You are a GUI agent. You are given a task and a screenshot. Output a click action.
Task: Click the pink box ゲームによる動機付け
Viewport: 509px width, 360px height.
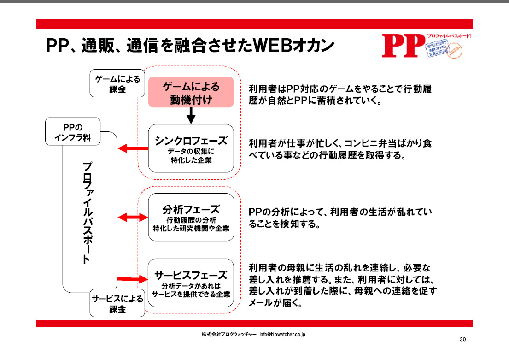click(191, 92)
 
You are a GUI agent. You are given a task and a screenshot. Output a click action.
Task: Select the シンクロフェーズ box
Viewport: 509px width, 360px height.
click(191, 148)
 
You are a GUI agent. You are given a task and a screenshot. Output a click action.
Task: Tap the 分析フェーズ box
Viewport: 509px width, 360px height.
click(191, 217)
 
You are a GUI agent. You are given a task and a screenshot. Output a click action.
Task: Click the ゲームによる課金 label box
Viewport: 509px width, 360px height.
click(115, 83)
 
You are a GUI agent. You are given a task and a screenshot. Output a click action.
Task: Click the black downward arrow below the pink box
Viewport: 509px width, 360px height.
click(191, 116)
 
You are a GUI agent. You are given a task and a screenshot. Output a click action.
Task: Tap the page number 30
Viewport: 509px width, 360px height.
click(463, 340)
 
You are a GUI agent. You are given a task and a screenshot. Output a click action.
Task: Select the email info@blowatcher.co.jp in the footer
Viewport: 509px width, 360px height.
click(283, 334)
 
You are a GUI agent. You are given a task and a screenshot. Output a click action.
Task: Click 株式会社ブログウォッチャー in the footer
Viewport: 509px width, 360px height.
click(228, 334)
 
